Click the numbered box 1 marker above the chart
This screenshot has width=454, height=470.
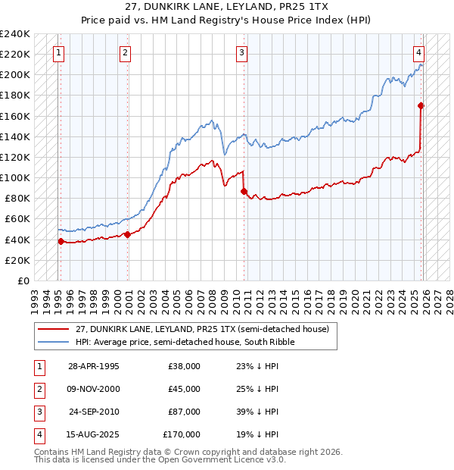(x=59, y=53)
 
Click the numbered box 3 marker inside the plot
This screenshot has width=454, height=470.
(x=241, y=53)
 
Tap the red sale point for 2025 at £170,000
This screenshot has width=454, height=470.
(x=421, y=106)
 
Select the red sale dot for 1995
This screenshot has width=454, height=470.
(x=61, y=241)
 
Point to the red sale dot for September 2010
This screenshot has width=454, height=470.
(x=244, y=191)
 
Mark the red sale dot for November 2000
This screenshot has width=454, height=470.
(x=127, y=234)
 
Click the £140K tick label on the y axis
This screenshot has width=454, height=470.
(x=14, y=136)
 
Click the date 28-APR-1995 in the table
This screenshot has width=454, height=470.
(x=94, y=366)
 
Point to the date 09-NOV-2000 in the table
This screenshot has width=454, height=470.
(x=94, y=389)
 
